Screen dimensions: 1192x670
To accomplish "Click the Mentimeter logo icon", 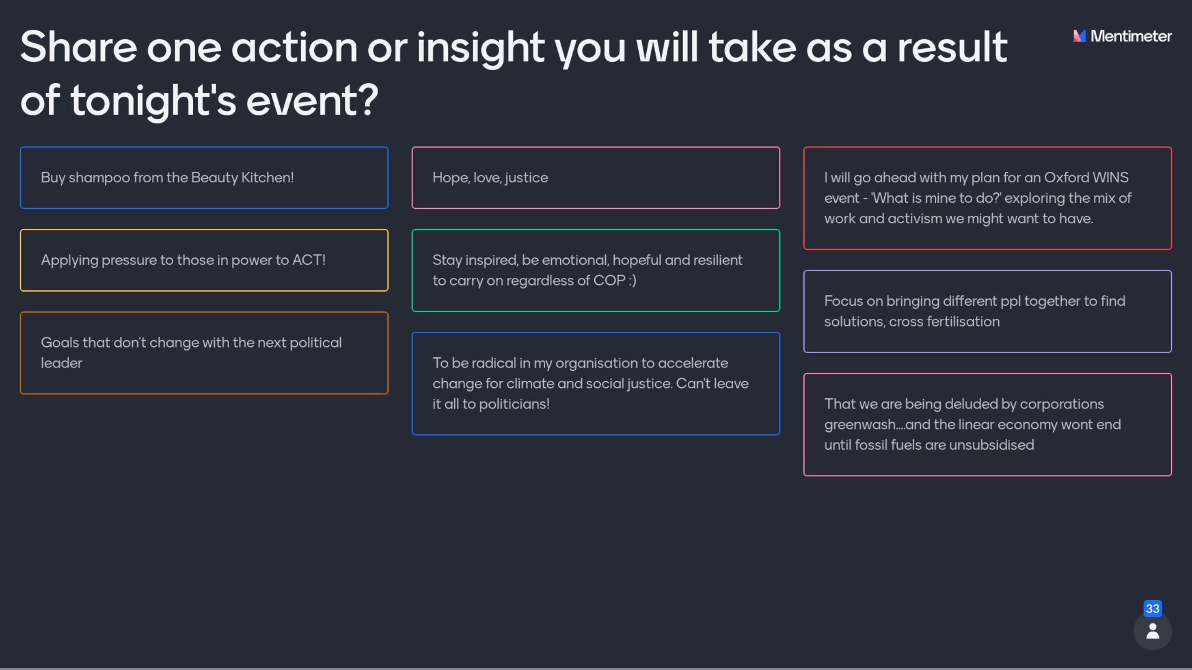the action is point(1079,36).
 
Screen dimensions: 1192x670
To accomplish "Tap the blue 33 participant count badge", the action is point(1152,609).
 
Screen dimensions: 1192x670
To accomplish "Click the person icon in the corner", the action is point(1152,631).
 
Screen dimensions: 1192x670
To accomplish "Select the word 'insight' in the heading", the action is point(481,48).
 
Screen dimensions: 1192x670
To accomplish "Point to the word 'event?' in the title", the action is point(312,100).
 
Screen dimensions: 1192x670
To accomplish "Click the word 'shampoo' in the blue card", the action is point(99,178).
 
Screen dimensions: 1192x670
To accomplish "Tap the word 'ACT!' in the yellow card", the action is point(309,260).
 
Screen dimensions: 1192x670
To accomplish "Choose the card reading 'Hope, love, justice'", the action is point(596,178).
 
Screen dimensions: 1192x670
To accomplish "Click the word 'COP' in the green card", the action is point(609,281).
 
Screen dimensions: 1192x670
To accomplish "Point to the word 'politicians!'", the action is point(514,404).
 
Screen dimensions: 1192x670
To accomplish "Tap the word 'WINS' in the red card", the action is point(1111,178).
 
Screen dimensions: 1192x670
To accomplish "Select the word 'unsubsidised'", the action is point(991,445).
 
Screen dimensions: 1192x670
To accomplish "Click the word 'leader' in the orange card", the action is point(61,363).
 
